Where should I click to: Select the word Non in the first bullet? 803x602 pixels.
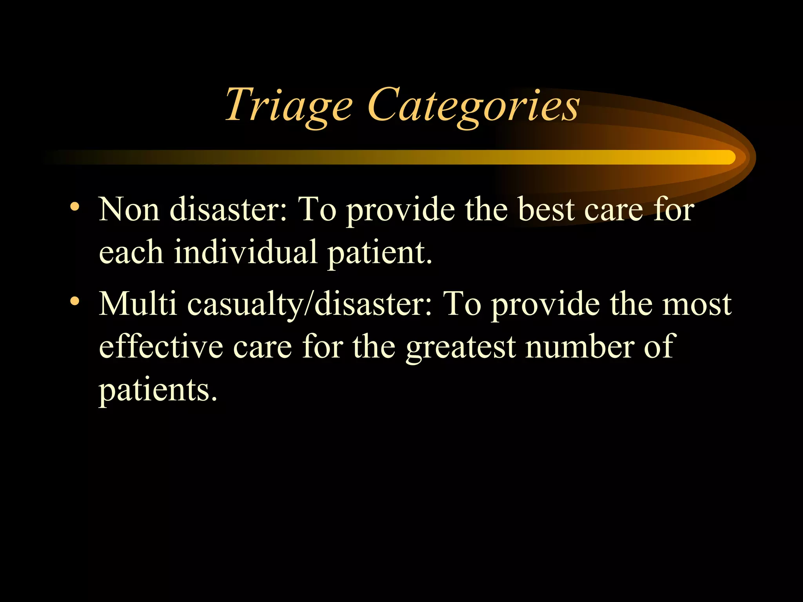(x=129, y=210)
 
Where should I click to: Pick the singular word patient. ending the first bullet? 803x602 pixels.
(x=380, y=253)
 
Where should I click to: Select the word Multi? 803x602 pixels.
(x=138, y=304)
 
